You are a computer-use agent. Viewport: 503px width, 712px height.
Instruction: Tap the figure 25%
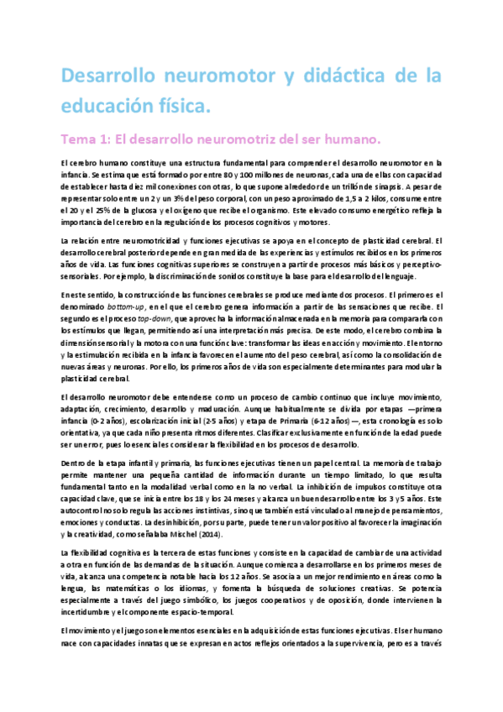coord(70,209)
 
